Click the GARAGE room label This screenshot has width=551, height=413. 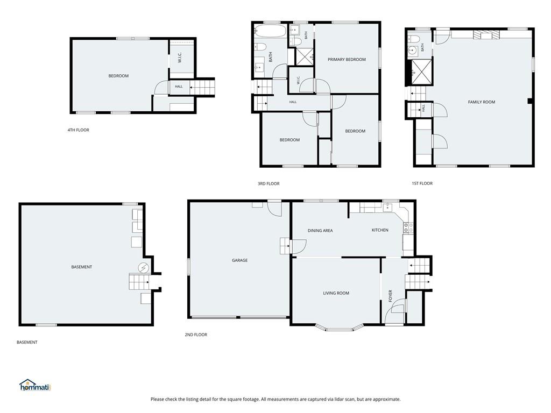(x=239, y=260)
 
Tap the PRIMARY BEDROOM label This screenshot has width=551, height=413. (x=347, y=59)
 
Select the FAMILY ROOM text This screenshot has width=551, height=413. (x=482, y=102)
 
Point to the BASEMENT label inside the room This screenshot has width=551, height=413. (x=82, y=267)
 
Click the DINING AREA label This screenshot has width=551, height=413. (x=320, y=231)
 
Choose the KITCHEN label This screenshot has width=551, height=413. (x=380, y=230)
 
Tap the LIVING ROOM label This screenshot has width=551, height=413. (x=336, y=293)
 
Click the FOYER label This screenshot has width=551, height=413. (x=390, y=296)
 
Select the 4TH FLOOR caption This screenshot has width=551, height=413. (x=79, y=130)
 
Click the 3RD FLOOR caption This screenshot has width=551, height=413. (x=269, y=183)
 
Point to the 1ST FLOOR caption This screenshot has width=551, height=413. (x=422, y=183)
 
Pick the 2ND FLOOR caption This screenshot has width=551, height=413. (x=196, y=334)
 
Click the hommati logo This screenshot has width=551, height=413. (x=35, y=385)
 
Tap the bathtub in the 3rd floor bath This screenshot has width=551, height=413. (x=270, y=31)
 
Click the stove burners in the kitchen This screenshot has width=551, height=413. (x=408, y=227)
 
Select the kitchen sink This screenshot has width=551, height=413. (x=387, y=208)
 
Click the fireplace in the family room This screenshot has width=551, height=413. (x=486, y=34)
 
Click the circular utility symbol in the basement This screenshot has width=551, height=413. (x=143, y=268)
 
